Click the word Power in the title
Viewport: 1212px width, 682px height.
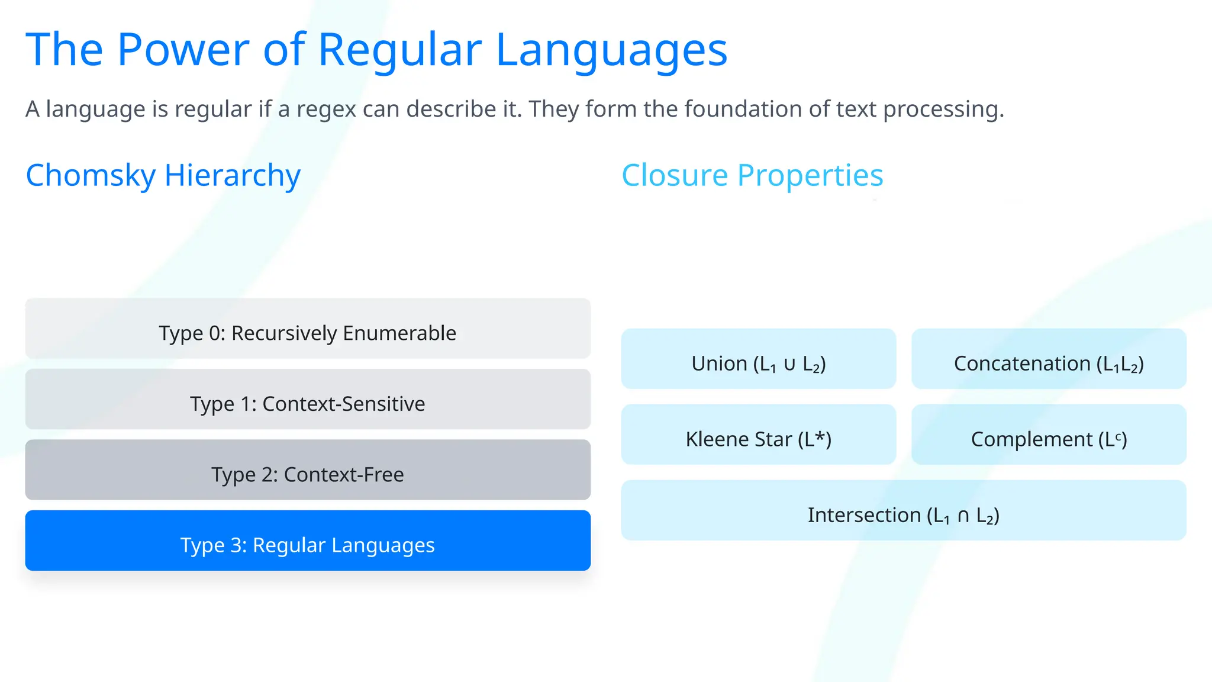tap(183, 50)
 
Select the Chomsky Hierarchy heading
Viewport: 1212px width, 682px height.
tap(163, 175)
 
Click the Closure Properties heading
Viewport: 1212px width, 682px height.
tap(752, 175)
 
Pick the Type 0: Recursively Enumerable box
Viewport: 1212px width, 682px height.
tap(308, 329)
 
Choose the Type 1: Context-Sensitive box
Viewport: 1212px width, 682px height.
tap(308, 400)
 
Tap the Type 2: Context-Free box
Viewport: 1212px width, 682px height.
tap(308, 470)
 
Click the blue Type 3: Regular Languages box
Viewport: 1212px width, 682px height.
tap(308, 541)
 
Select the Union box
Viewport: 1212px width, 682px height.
tap(758, 359)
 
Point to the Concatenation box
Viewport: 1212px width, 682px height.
tap(1049, 359)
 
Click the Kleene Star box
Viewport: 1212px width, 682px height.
tap(758, 435)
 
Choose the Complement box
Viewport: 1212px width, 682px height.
tap(1049, 435)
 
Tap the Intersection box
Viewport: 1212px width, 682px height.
tap(903, 510)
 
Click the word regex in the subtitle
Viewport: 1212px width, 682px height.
tap(326, 110)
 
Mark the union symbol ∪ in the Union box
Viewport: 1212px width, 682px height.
tap(789, 364)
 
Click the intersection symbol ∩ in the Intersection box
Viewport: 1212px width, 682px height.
tap(963, 516)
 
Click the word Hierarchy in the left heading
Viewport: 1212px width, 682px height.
tap(233, 175)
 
